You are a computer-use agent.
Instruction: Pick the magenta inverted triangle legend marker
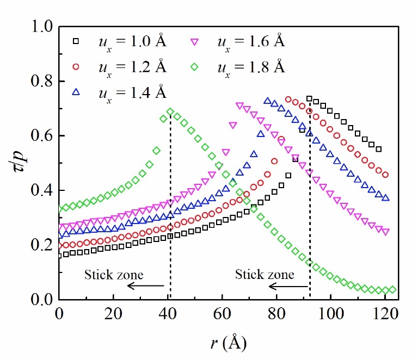pyautogui.click(x=194, y=42)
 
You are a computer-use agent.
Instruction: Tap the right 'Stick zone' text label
pyautogui.click(x=265, y=274)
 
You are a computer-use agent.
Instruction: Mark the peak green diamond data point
pyautogui.click(x=170, y=112)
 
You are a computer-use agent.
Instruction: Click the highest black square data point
pyautogui.click(x=309, y=99)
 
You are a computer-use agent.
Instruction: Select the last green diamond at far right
pyautogui.click(x=392, y=290)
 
